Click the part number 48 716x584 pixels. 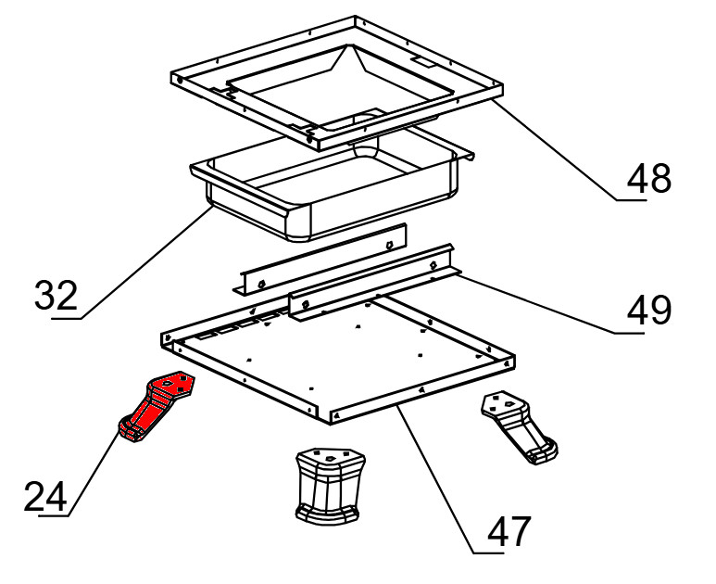649,179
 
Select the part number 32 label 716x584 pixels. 57,295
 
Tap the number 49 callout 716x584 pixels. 649,311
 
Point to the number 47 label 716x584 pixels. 509,530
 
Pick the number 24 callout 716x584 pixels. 45,496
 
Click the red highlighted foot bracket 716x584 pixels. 157,406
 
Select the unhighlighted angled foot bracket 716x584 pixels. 520,427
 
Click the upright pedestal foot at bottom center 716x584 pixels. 330,486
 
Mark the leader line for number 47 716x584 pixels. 450,479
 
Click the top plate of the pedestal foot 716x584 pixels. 330,455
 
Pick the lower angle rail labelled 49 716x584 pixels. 372,282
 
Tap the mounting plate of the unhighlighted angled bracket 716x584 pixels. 501,403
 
